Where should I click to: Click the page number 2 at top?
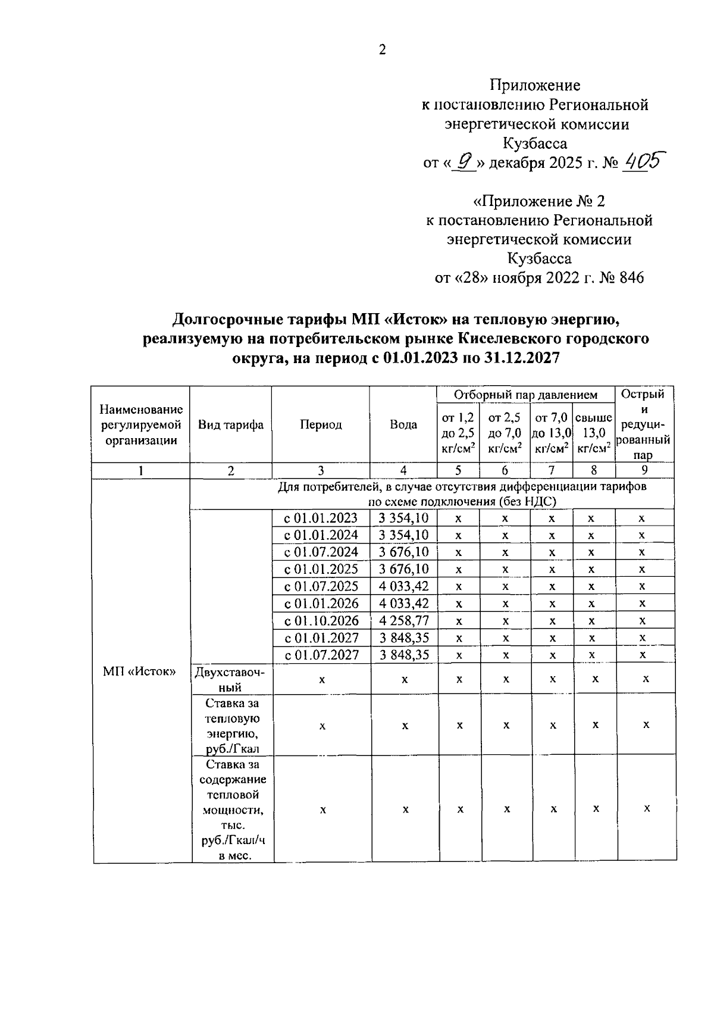coord(383,50)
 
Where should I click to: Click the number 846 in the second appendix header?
coord(631,278)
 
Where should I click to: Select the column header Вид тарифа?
coord(231,425)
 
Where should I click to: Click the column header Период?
coord(321,425)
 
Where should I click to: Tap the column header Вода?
coord(403,425)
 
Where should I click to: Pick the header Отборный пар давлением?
coord(525,395)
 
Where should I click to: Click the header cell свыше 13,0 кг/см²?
coord(594,433)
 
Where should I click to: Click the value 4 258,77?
coord(404,621)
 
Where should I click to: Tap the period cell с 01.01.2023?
coord(321,518)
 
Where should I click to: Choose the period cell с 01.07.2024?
coord(321,552)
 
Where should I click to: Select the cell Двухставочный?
coord(230,679)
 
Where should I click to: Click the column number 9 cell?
coord(644,470)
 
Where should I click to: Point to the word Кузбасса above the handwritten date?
coord(535,143)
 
